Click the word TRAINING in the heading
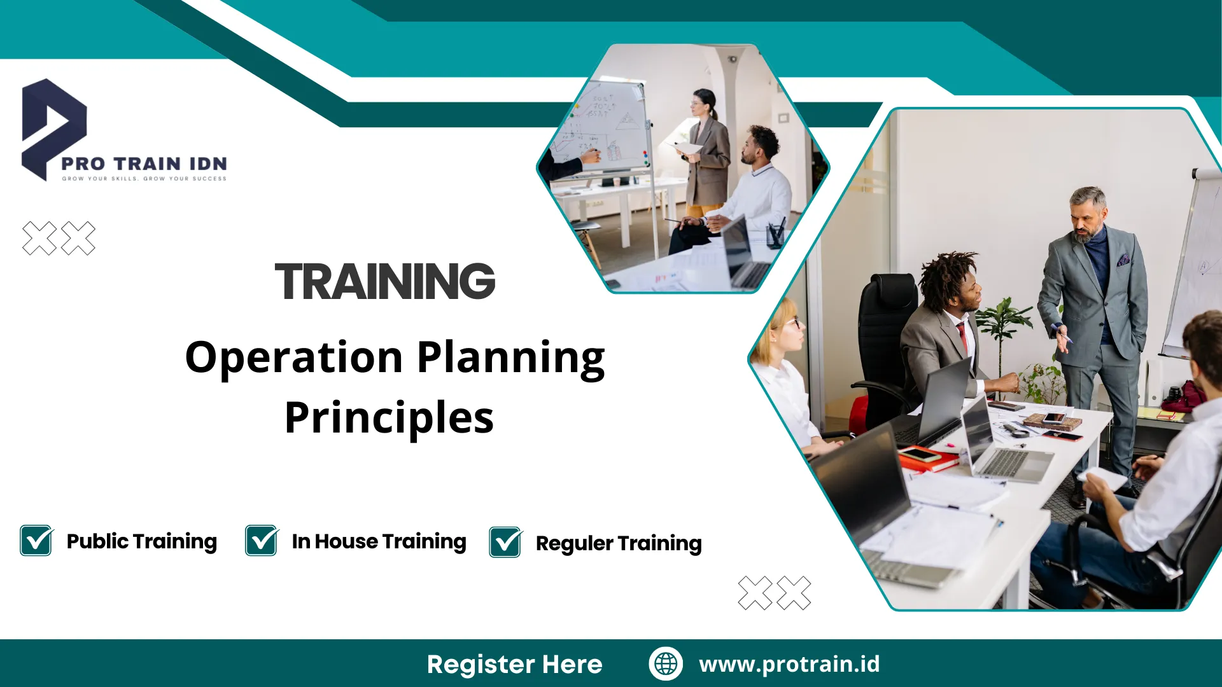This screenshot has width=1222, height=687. click(x=384, y=281)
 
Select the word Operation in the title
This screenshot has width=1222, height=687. click(x=293, y=357)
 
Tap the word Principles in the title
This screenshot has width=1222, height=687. click(x=389, y=418)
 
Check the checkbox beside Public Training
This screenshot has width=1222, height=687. click(x=36, y=541)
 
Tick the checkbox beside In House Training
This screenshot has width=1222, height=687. click(x=261, y=541)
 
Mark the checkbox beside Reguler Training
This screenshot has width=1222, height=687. click(x=505, y=543)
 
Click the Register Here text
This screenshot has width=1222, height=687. click(x=514, y=664)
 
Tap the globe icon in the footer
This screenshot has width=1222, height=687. click(x=665, y=663)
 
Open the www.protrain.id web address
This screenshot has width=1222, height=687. click(x=789, y=664)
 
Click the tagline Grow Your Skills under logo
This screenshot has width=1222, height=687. click(x=144, y=179)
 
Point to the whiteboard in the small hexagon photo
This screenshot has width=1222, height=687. click(x=605, y=127)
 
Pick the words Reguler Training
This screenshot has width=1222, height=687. click(x=618, y=543)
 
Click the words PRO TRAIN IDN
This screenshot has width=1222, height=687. click(x=144, y=163)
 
